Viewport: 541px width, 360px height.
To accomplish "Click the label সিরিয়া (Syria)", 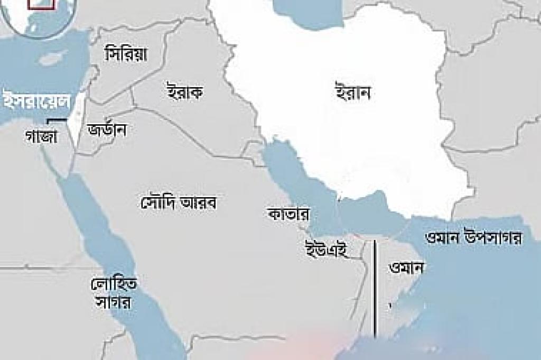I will click(126, 53).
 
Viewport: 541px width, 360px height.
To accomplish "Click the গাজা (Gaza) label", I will click(41, 135).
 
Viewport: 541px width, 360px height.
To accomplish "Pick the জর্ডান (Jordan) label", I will click(107, 130).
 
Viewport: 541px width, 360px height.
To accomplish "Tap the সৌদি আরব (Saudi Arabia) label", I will click(180, 201).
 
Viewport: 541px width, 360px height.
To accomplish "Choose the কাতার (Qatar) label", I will click(288, 215).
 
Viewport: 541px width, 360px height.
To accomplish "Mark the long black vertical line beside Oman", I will click(375, 288).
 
